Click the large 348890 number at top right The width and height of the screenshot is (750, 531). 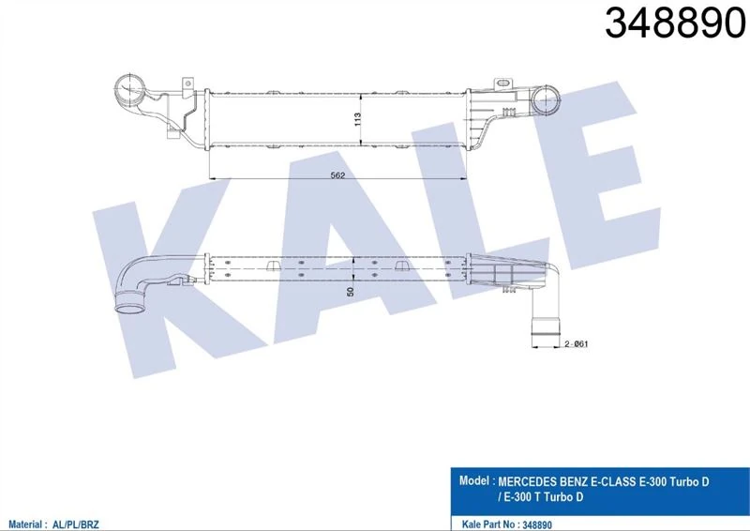tap(675, 23)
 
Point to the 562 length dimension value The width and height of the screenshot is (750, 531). tap(337, 175)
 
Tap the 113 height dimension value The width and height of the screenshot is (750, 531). tap(357, 119)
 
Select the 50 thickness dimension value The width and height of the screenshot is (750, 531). tap(351, 291)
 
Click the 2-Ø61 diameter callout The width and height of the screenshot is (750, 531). tap(576, 343)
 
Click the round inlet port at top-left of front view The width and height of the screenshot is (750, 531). tap(129, 90)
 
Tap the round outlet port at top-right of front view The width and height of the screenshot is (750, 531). tap(546, 99)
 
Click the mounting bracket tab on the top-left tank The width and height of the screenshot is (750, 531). tap(188, 83)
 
